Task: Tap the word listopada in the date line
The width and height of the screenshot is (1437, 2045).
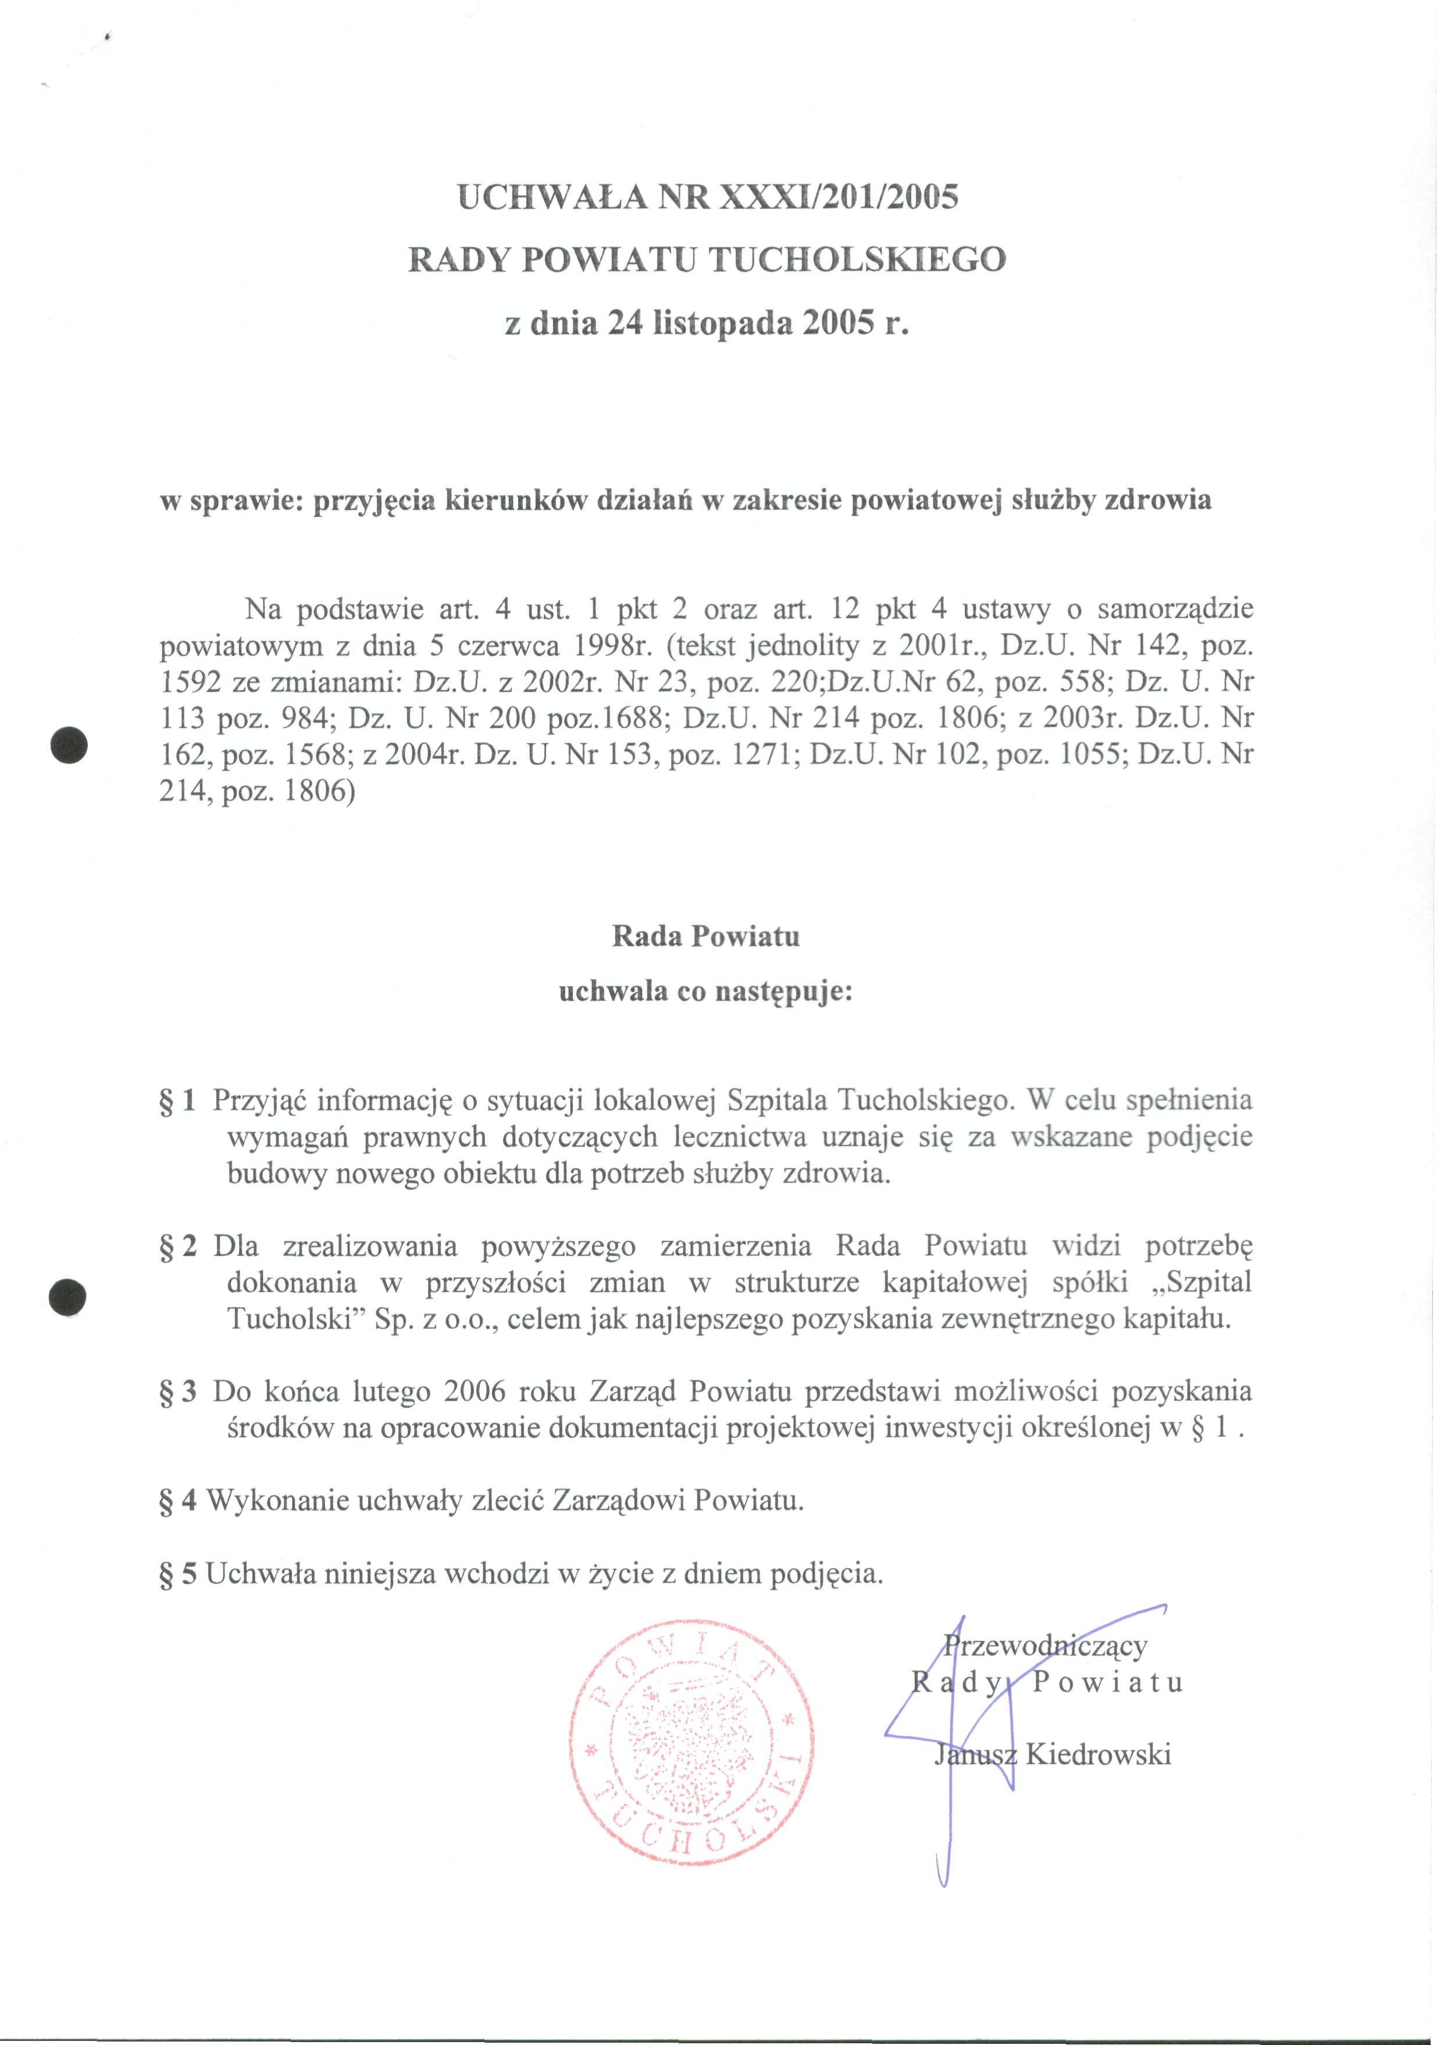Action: click(x=722, y=323)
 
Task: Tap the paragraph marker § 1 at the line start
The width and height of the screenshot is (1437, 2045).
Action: click(x=177, y=1101)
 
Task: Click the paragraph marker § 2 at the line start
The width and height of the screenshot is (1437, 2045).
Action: click(x=177, y=1246)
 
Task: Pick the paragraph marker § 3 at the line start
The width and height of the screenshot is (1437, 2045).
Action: click(x=177, y=1391)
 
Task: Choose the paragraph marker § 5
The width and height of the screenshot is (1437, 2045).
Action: click(x=177, y=1574)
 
